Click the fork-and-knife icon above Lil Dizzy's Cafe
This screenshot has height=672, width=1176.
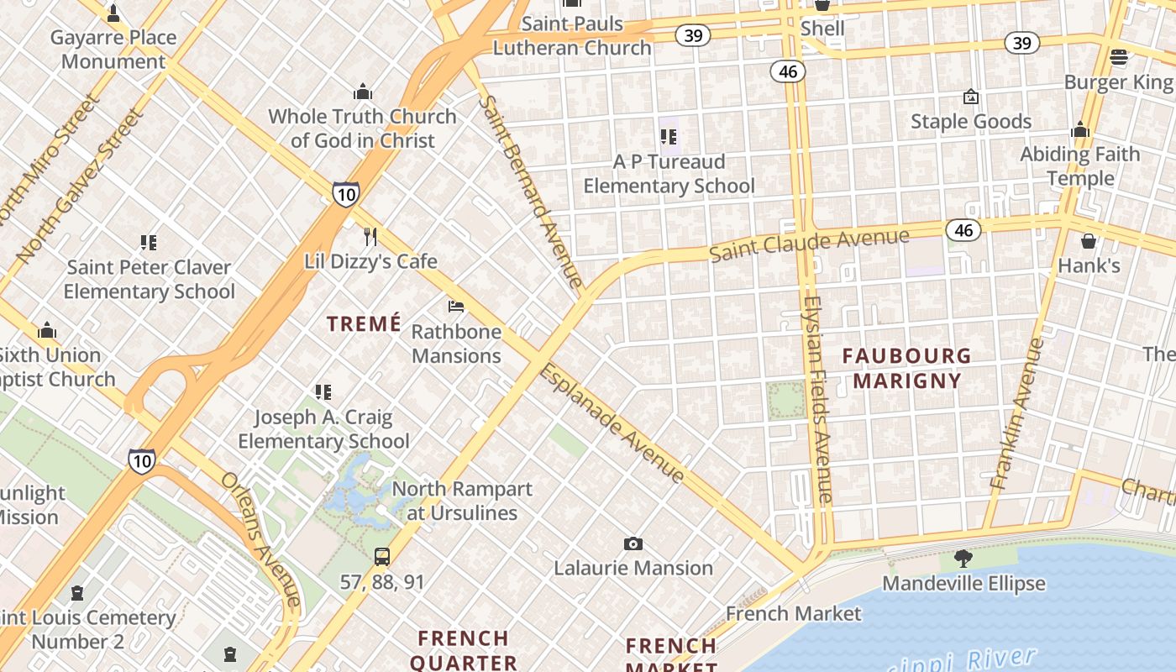click(x=370, y=236)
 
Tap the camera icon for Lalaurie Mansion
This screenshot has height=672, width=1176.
click(x=633, y=544)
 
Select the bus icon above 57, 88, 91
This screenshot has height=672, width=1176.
click(x=382, y=556)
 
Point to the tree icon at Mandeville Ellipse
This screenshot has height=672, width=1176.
click(x=963, y=558)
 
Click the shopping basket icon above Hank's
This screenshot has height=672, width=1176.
click(x=1089, y=241)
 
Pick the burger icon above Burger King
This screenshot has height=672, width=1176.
click(x=1118, y=57)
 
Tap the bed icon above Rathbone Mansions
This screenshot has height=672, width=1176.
click(x=456, y=306)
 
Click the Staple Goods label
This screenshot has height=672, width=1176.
click(x=971, y=122)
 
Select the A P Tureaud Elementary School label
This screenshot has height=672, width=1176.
click(x=669, y=174)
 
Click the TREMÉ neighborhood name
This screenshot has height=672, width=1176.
click(x=364, y=323)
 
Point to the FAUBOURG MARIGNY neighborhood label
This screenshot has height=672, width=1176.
click(x=906, y=368)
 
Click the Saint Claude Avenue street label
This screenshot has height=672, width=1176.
click(x=809, y=244)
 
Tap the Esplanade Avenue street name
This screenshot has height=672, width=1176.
click(x=612, y=423)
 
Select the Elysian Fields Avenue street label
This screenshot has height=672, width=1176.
click(x=816, y=399)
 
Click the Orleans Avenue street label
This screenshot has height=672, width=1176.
click(x=261, y=538)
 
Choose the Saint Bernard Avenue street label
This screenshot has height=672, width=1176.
click(x=530, y=192)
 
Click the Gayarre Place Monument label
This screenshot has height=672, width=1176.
click(x=113, y=50)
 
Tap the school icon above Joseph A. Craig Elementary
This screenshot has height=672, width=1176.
click(x=323, y=391)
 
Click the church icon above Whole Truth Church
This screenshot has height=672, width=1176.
click(x=363, y=91)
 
